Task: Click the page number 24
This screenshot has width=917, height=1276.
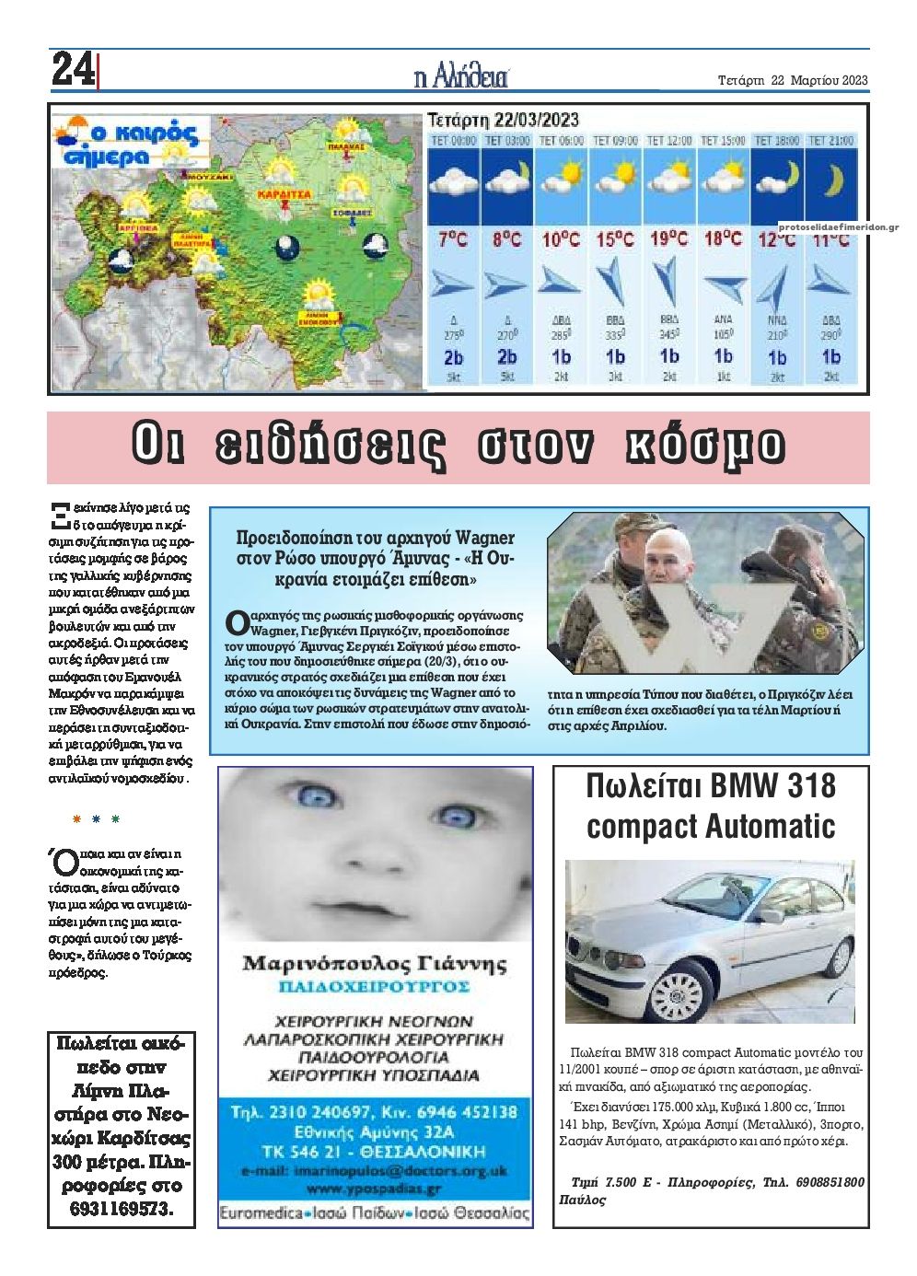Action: click(x=73, y=70)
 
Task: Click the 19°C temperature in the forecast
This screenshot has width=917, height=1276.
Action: click(x=668, y=239)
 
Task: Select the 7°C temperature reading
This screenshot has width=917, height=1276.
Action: click(x=453, y=239)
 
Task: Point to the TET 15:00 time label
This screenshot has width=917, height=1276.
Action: click(x=723, y=141)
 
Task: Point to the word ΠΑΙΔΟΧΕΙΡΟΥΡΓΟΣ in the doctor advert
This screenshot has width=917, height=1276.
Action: click(x=374, y=987)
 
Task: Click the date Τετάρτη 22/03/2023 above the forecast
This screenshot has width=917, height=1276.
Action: click(x=503, y=120)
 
